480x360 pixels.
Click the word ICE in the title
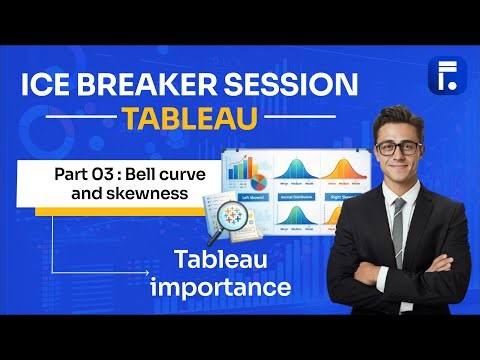[x=48, y=87]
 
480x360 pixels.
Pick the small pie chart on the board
[x=258, y=184]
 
